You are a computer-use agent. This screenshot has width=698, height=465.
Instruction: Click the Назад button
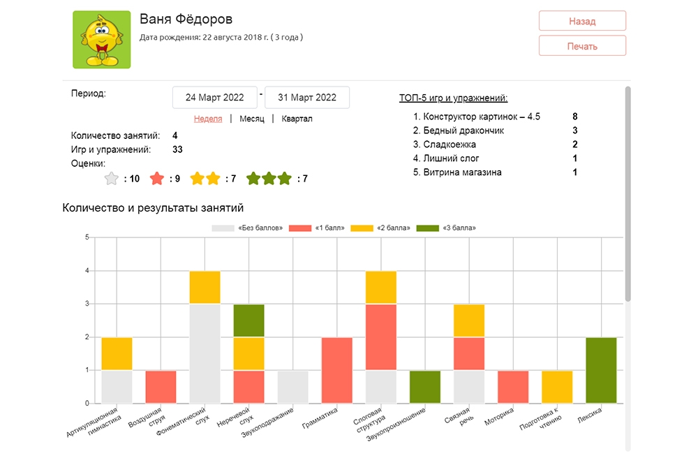[x=582, y=21]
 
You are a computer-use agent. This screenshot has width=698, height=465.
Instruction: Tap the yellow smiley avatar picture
[x=102, y=40]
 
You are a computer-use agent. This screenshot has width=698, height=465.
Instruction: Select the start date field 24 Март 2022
[x=215, y=98]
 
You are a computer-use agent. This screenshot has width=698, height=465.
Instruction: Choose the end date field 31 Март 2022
[x=307, y=98]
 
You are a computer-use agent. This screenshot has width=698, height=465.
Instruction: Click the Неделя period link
[x=208, y=119]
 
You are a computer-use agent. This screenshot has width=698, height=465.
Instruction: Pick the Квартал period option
[x=297, y=119]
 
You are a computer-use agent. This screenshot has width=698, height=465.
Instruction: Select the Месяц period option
[x=251, y=119]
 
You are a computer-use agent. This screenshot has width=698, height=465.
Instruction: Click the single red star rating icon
[x=157, y=179]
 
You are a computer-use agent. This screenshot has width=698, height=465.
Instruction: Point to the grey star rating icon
[x=111, y=179]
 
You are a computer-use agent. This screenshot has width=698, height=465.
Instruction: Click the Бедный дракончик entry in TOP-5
[x=463, y=131]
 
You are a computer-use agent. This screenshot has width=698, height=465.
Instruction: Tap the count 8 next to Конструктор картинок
[x=574, y=117]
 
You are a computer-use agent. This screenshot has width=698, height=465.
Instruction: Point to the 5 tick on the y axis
[x=87, y=237]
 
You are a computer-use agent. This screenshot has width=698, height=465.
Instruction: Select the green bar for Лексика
[x=601, y=370]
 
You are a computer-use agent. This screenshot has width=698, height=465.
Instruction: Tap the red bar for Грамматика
[x=337, y=370]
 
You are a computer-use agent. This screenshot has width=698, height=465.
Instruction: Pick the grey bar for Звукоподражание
[x=293, y=387]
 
